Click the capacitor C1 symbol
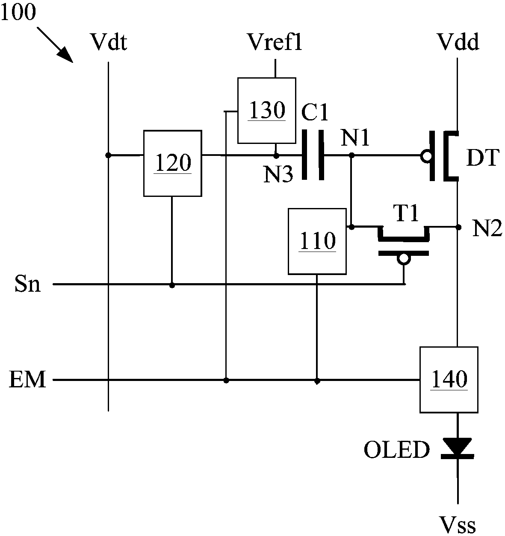pos(313,155)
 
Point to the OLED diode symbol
pos(458,448)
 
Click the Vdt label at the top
pos(109,42)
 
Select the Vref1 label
pos(275,42)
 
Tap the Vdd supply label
pos(458,42)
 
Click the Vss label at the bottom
pos(458,525)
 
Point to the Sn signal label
pos(27,284)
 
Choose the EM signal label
pos(27,379)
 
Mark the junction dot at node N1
pos(352,155)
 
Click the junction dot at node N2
pos(458,227)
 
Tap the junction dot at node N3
pos(276,156)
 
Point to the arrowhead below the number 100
pos(66,55)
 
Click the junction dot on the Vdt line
pos(108,155)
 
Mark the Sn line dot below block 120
pos(172,285)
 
